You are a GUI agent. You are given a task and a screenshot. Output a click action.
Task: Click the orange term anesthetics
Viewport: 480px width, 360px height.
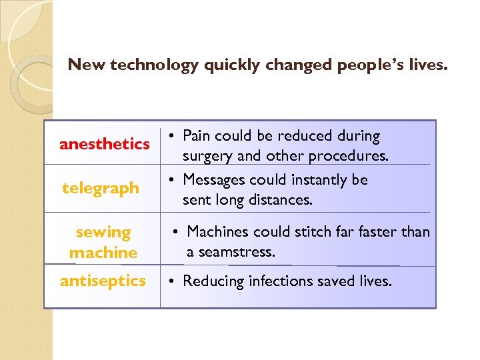(x=104, y=144)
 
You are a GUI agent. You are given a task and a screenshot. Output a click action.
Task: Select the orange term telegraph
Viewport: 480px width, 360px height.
(x=101, y=189)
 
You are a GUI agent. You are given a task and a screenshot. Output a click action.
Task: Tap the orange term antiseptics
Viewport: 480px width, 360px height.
(x=103, y=281)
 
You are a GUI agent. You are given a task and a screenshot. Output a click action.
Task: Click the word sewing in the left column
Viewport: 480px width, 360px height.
(x=103, y=233)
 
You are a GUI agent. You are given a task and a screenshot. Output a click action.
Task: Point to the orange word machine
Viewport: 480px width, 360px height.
(x=103, y=253)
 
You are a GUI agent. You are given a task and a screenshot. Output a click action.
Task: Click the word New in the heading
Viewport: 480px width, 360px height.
(x=83, y=65)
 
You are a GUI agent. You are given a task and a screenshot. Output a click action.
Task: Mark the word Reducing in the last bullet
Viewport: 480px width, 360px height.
(x=213, y=281)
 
